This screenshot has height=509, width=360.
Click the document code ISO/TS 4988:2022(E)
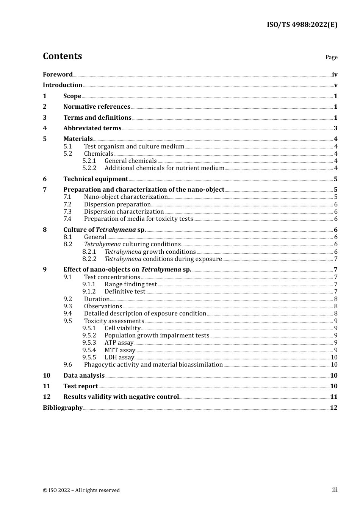[x=302, y=25]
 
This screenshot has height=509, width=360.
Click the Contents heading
[x=62, y=56]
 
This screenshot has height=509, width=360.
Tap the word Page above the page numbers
[x=331, y=57]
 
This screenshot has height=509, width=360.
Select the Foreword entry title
[x=58, y=75]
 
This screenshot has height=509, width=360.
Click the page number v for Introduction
[x=335, y=85]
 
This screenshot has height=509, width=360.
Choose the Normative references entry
[x=97, y=107]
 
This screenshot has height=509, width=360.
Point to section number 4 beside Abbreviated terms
[x=45, y=128]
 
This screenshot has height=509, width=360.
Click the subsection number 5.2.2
[x=89, y=168]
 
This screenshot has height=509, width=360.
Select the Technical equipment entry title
[x=95, y=179]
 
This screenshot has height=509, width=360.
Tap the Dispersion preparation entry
[x=117, y=205]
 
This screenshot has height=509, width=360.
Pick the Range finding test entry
[x=130, y=284]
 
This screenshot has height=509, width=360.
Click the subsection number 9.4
[x=67, y=314]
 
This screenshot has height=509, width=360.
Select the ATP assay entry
[x=119, y=343]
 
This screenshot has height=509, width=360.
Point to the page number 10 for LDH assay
[x=334, y=358]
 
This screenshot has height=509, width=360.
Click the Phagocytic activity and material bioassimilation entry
[x=153, y=365]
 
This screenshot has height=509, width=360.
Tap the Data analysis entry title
[x=84, y=376]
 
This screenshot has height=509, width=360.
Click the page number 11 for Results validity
[x=333, y=397]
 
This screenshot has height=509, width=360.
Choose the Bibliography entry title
[x=63, y=408]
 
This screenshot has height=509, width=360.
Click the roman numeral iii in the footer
[x=335, y=490]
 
